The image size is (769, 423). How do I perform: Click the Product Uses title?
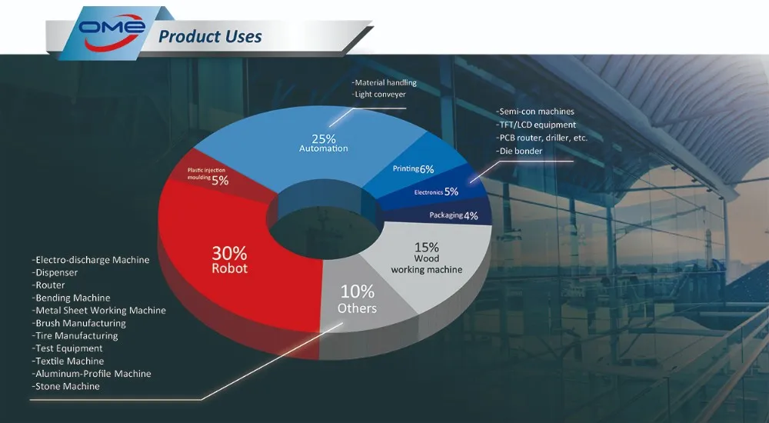click(x=210, y=36)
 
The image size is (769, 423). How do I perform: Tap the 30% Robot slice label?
click(x=229, y=260)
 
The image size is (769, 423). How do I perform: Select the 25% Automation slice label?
click(x=324, y=143)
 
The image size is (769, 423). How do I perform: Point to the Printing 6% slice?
click(x=414, y=168)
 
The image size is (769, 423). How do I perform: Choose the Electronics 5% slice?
click(x=436, y=192)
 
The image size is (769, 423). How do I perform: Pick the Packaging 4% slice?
click(x=454, y=215)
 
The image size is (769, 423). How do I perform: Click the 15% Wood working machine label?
click(x=427, y=258)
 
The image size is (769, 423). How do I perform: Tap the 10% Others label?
click(x=358, y=299)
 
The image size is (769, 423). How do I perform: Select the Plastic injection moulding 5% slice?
click(x=208, y=177)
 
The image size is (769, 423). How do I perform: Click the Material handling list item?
click(x=384, y=82)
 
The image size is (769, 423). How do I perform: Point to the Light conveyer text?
click(x=378, y=95)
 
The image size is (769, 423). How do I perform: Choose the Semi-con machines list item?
click(x=534, y=112)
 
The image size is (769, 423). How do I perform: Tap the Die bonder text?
click(x=519, y=152)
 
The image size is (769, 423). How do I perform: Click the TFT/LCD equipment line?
click(x=535, y=125)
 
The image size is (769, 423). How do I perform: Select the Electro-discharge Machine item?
click(x=91, y=260)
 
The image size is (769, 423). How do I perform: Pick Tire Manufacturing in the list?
click(x=75, y=335)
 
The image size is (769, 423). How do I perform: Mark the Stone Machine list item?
click(x=65, y=386)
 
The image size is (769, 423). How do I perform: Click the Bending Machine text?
click(x=71, y=298)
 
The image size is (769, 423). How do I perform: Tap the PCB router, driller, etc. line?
click(x=541, y=138)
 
